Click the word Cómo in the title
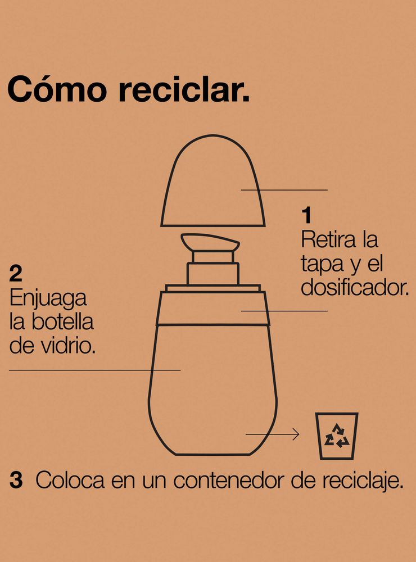[57, 89]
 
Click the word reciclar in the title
[184, 89]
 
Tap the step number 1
[306, 215]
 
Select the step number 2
[16, 274]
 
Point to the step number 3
[16, 480]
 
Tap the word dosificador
[355, 287]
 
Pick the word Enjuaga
[48, 300]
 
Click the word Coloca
[70, 480]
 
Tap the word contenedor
[229, 481]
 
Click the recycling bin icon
[337, 436]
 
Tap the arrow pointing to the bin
[272, 434]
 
